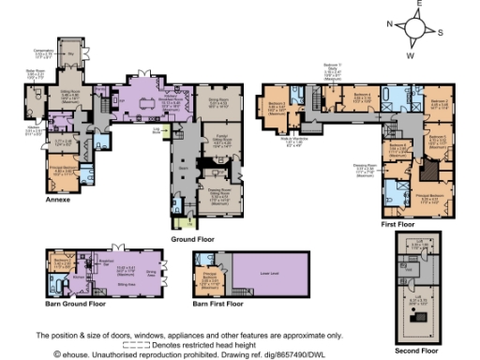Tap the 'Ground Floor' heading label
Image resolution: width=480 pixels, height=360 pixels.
point(193,240)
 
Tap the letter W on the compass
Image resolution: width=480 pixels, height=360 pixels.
point(409,55)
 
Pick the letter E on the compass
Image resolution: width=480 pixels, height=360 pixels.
point(423,6)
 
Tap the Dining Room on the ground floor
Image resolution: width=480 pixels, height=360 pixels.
point(218,105)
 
